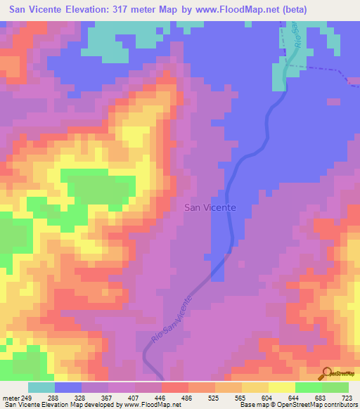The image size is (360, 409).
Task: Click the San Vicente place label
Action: (210, 207)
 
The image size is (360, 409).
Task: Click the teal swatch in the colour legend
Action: (41, 387)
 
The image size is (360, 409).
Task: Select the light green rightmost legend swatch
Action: (335, 387)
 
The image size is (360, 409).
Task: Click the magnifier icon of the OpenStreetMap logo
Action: (326, 372)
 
